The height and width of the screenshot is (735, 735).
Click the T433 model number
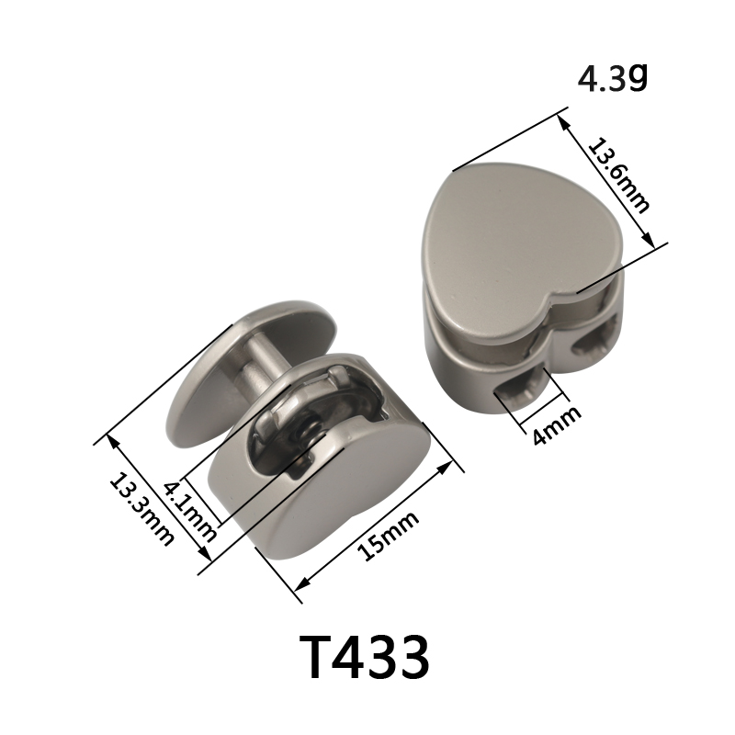pyautogui.click(x=364, y=657)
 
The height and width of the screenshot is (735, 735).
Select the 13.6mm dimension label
pyautogui.click(x=618, y=175)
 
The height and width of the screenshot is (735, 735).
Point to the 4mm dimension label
pyautogui.click(x=558, y=425)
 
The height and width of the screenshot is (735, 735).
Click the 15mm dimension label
pyautogui.click(x=388, y=536)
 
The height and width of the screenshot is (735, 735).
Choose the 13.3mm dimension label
pyautogui.click(x=141, y=510)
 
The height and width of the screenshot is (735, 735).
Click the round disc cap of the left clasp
pyautogui.click(x=243, y=375)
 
